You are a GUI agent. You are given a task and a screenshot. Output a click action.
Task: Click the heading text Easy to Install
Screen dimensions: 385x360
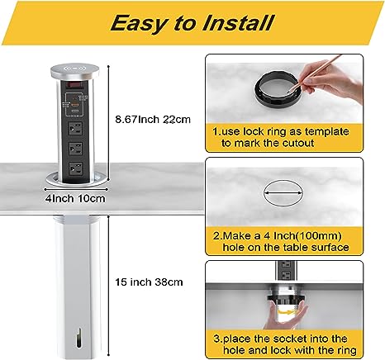192,22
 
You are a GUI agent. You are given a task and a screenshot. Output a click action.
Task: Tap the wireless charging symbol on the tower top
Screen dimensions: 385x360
74,68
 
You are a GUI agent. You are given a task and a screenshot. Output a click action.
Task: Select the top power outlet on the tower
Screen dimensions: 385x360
75,128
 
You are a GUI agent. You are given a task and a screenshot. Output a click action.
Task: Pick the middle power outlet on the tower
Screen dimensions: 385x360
75,149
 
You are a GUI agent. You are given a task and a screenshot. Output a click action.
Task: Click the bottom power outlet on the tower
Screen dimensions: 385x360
75,168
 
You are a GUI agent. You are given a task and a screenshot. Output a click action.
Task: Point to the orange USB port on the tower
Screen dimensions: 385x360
74,105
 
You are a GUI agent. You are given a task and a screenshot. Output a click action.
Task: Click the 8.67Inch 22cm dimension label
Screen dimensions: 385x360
153,120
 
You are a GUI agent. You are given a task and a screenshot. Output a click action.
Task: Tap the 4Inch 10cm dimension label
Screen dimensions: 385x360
75,198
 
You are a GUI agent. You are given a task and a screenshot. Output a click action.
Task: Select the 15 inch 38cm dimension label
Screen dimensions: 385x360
149,282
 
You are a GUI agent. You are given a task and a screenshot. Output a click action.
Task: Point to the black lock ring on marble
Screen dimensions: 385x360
277,88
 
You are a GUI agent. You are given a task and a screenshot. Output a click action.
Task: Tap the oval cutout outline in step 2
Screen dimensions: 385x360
283,192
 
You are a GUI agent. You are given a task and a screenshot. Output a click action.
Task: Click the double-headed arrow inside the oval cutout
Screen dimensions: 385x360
283,193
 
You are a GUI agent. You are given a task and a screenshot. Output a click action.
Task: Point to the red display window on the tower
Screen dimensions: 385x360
74,84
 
